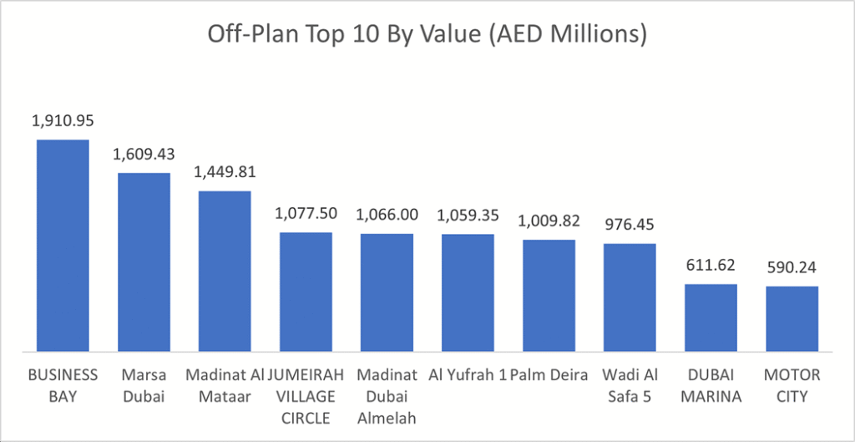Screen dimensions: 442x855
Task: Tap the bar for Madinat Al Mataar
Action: click(225, 271)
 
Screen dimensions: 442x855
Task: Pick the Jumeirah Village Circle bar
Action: click(306, 292)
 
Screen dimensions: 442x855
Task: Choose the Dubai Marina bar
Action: click(711, 318)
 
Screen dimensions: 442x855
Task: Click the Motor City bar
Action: click(792, 318)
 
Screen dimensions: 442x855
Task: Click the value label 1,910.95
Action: click(63, 121)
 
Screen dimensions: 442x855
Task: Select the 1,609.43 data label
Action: click(144, 155)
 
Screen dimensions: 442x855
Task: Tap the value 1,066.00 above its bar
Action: click(387, 215)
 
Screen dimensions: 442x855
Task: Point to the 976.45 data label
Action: click(630, 225)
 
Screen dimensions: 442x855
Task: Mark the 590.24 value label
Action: click(792, 268)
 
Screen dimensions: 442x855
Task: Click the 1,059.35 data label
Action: click(468, 215)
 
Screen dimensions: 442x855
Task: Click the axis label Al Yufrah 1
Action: click(468, 373)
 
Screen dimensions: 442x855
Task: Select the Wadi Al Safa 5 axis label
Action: click(630, 384)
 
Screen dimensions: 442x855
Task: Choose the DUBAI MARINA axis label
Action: click(711, 384)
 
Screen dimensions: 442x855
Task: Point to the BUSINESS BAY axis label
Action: click(63, 384)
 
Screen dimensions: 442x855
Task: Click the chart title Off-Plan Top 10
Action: click(427, 36)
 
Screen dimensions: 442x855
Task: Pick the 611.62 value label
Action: click(711, 266)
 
